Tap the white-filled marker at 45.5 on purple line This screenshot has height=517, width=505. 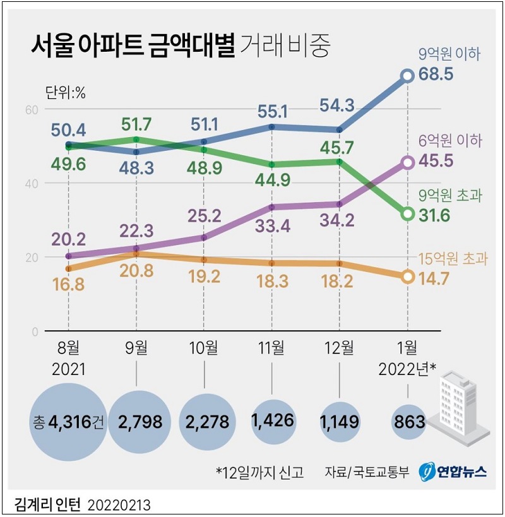coord(408,163)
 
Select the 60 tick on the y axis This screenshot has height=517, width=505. coord(32,110)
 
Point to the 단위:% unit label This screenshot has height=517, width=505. coord(65,92)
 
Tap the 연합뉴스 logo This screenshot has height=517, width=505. coord(455,471)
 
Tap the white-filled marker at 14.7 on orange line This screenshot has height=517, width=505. coord(408,276)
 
